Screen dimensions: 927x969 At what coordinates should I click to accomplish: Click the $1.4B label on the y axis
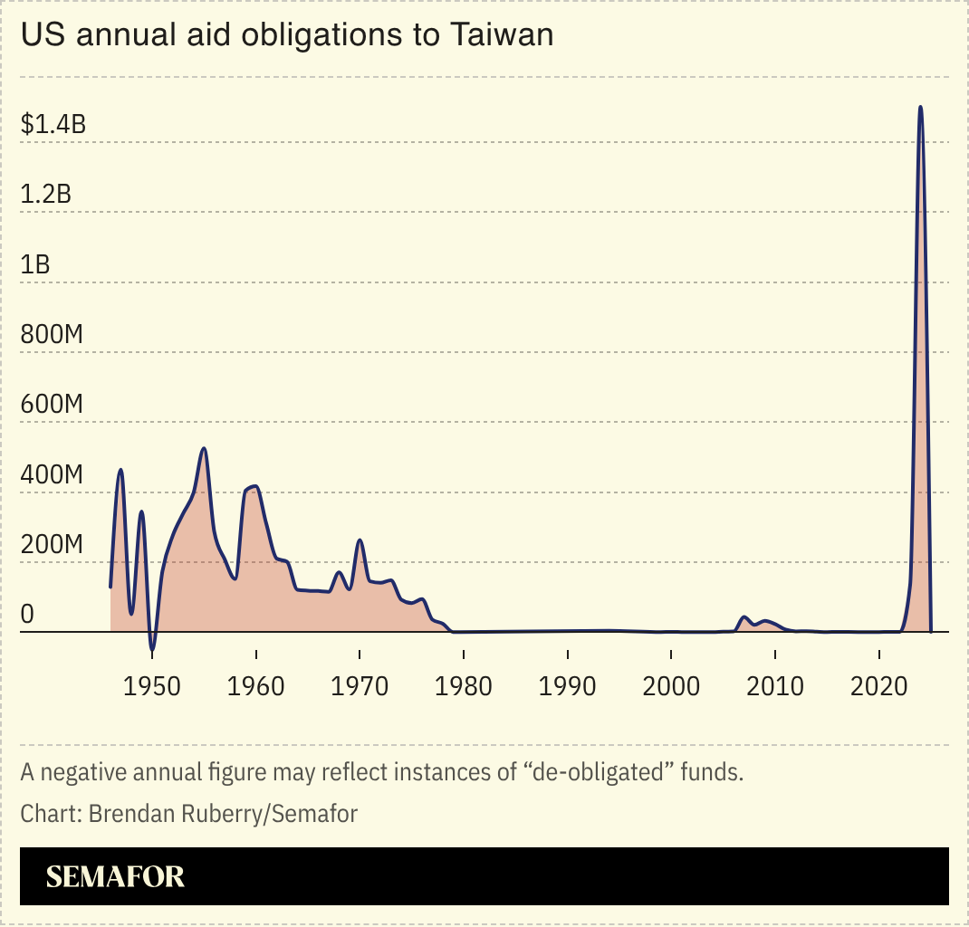(x=53, y=124)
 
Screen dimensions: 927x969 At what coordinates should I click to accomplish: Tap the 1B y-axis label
(x=36, y=264)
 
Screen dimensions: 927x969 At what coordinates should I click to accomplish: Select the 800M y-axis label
(x=53, y=334)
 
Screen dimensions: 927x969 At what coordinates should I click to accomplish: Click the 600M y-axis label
(x=53, y=405)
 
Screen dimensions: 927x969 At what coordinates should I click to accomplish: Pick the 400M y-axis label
(x=53, y=475)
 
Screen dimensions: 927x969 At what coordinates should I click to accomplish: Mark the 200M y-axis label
(x=53, y=545)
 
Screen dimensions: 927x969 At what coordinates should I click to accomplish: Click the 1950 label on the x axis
(x=152, y=685)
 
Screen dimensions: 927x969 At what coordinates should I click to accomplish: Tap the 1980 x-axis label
(x=463, y=685)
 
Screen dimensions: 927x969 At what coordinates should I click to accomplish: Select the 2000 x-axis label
(x=670, y=685)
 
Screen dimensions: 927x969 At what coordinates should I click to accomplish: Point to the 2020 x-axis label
(x=878, y=685)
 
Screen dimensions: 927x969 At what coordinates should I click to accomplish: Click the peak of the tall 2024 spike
(x=920, y=107)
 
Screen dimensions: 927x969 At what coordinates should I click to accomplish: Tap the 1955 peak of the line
(x=204, y=448)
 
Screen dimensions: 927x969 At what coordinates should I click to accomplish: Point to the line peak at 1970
(x=360, y=540)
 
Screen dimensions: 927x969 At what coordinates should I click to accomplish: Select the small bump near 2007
(x=744, y=617)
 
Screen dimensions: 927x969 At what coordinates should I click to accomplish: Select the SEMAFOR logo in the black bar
(x=115, y=876)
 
